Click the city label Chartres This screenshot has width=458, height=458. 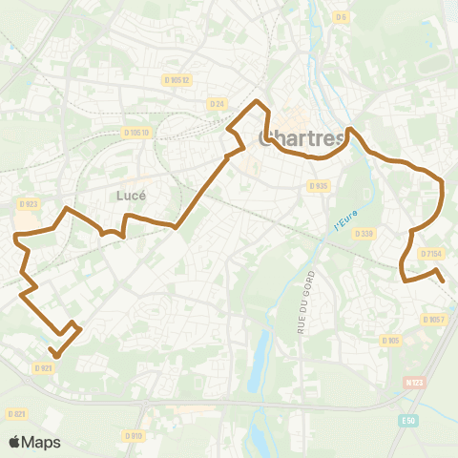pyautogui.click(x=301, y=139)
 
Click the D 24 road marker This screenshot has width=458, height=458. pyautogui.click(x=216, y=103)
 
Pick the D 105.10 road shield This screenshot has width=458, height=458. pyautogui.click(x=136, y=133)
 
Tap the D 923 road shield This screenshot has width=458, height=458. pyautogui.click(x=27, y=203)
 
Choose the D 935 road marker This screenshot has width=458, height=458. pyautogui.click(x=320, y=186)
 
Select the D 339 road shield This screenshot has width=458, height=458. pyautogui.click(x=363, y=233)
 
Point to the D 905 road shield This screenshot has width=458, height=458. pyautogui.click(x=390, y=341)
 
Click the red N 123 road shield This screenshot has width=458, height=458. pyautogui.click(x=413, y=382)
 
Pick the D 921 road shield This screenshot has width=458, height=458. pyautogui.click(x=43, y=367)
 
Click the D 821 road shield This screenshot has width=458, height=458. pyautogui.click(x=15, y=414)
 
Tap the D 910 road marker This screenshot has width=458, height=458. pyautogui.click(x=134, y=437)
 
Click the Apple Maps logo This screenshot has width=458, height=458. pyautogui.click(x=34, y=442)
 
